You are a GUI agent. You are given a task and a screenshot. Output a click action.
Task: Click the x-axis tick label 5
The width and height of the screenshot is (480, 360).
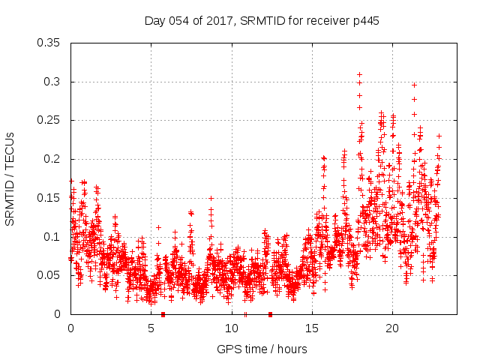(x=151, y=328)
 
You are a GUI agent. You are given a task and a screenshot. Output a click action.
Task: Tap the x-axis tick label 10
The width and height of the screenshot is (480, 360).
(x=231, y=328)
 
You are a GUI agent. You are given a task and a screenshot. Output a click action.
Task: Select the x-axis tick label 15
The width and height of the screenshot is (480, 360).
(x=311, y=328)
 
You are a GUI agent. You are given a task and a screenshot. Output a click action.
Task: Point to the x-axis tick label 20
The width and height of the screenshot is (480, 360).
(x=391, y=328)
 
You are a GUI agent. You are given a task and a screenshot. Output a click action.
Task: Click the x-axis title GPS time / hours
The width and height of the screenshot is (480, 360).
(x=262, y=349)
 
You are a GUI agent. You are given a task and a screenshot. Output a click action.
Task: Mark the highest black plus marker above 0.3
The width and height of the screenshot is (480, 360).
(x=360, y=74)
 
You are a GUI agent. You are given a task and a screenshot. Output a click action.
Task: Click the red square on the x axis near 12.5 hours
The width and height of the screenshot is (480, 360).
(x=270, y=314)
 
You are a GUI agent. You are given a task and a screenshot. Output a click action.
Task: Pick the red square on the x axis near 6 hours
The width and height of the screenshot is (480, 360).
(x=163, y=314)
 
